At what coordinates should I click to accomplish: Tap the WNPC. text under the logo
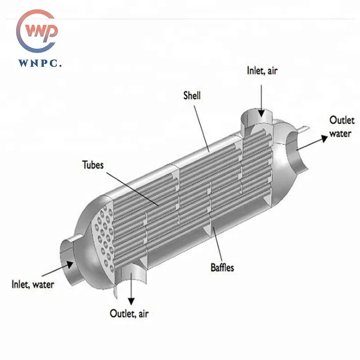[x=40, y=63]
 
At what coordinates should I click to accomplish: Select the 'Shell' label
[x=192, y=95]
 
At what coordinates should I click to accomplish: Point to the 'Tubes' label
[x=93, y=165]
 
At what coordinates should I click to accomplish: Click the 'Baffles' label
[x=222, y=268]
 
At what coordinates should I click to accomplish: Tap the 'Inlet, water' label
[x=33, y=284]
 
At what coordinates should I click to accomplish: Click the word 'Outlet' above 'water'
[x=342, y=120]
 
